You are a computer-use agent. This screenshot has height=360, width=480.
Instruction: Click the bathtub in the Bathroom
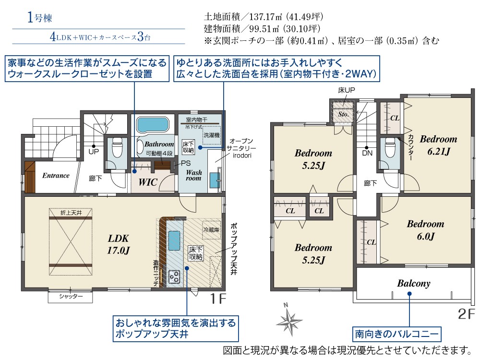[153, 125]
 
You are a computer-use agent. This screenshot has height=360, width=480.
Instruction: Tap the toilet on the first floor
[117, 147]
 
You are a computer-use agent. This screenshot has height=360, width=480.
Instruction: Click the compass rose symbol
[289, 320]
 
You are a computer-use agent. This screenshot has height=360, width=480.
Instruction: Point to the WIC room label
[148, 182]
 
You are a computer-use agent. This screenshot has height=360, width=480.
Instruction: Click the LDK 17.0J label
[119, 244]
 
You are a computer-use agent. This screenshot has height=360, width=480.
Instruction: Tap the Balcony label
[414, 284]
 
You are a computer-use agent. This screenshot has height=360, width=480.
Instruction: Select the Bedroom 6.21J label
[438, 145]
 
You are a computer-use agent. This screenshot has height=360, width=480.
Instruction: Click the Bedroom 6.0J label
[425, 230]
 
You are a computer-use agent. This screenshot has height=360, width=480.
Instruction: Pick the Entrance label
[56, 175]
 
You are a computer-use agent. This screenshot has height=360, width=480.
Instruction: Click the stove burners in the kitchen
[174, 277]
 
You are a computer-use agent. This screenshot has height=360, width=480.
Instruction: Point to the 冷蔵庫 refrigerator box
[211, 230]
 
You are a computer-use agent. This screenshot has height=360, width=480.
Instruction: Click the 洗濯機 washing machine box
[212, 135]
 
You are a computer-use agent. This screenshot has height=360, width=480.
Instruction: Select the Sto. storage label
[344, 114]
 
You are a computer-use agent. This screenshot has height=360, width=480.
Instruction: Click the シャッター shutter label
[71, 296]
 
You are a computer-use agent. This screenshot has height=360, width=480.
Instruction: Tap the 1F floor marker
[218, 299]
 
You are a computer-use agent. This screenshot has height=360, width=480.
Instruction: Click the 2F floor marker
[466, 314]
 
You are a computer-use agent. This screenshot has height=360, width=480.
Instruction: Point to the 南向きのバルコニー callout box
[397, 334]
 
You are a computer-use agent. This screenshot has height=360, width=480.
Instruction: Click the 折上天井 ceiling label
[71, 213]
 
